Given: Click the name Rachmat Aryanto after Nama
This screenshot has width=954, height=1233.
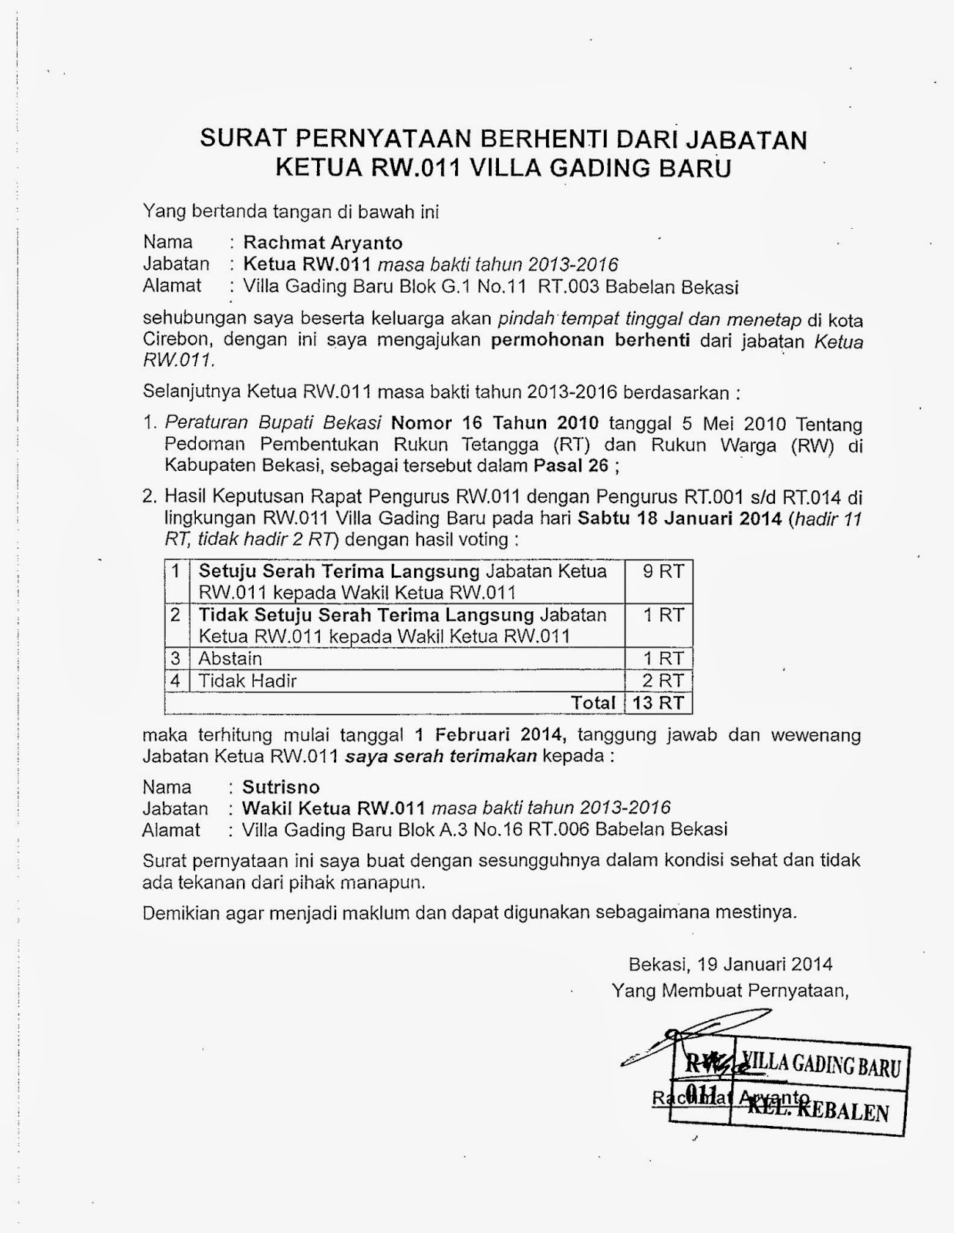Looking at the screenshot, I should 322,244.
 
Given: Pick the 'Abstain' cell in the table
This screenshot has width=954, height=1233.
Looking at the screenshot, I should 231,659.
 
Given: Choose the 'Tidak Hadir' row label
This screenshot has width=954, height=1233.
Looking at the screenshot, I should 248,680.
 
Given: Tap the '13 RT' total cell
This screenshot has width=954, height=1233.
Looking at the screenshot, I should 658,703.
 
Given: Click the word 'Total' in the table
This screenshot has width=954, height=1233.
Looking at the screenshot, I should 593,703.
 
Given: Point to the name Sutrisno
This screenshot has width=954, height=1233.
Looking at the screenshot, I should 281,787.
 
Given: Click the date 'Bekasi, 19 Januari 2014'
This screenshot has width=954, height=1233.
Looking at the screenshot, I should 730,963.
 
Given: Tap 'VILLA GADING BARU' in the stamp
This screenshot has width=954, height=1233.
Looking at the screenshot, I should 823,1066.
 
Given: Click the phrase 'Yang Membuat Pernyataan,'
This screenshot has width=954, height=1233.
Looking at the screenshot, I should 730,990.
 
